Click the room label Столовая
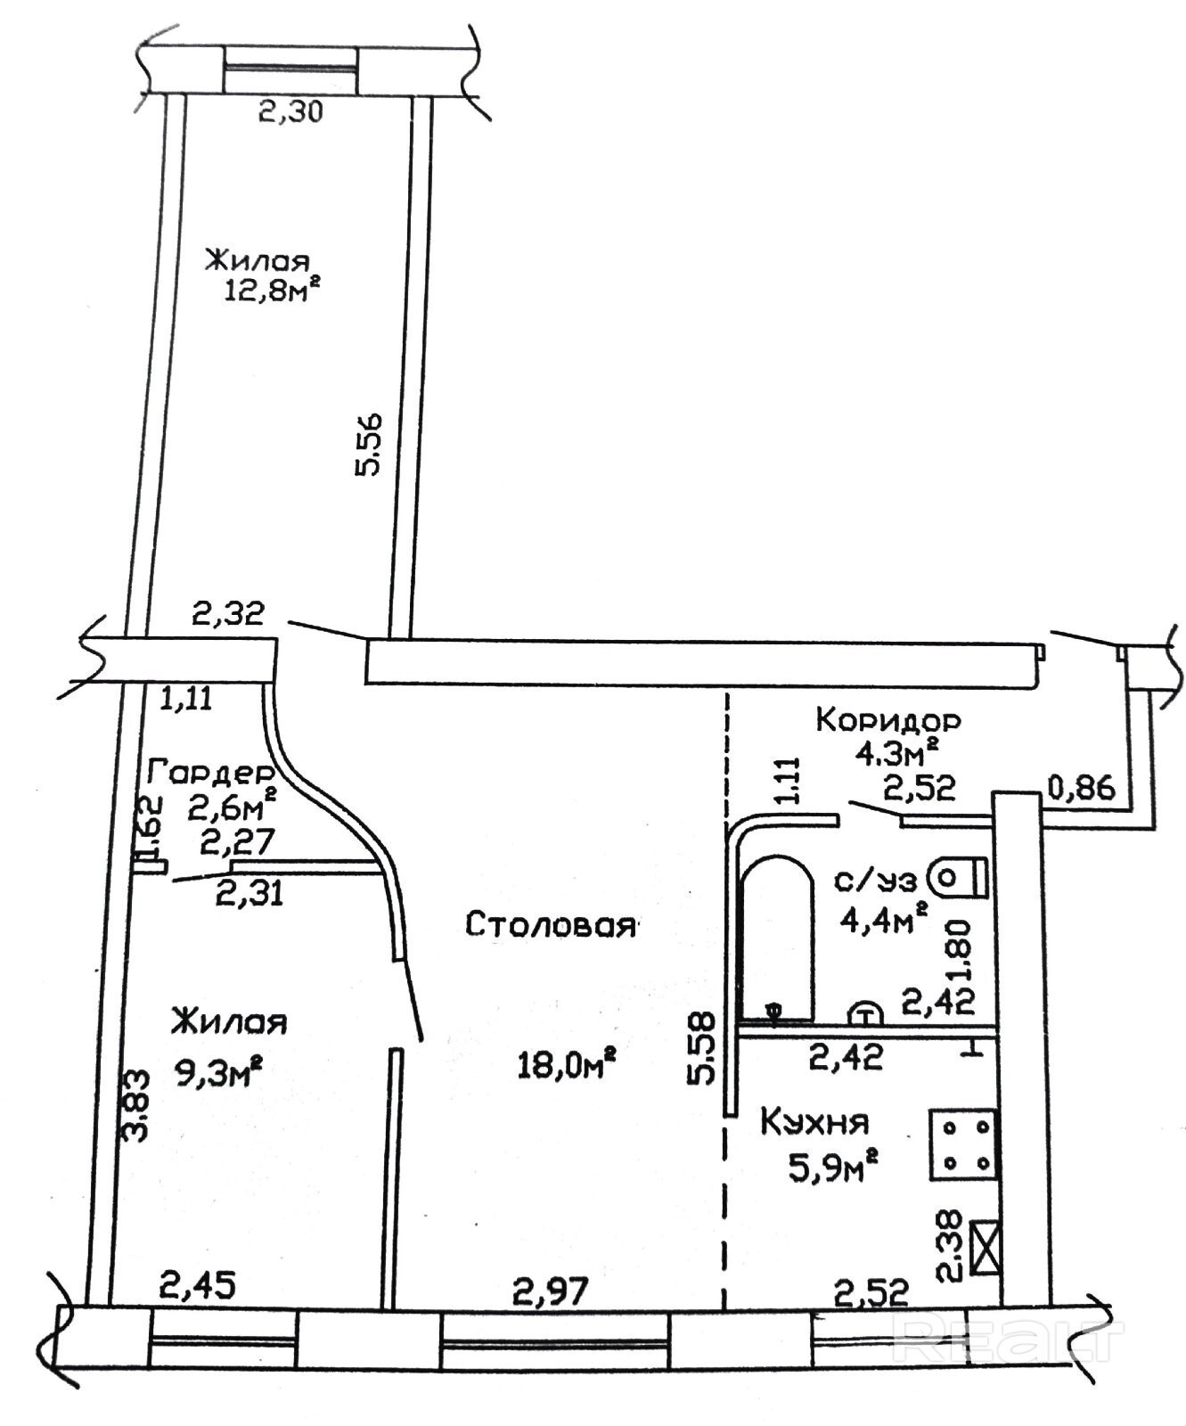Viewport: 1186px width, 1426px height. (552, 924)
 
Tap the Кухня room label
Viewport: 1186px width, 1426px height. (814, 1121)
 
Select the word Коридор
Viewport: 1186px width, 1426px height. (888, 718)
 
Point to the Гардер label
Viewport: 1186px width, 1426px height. (209, 771)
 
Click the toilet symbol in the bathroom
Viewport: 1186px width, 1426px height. (958, 878)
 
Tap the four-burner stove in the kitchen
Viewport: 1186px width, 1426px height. (962, 1146)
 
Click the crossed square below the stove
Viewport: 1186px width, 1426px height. (983, 1248)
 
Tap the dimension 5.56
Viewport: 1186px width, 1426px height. (369, 445)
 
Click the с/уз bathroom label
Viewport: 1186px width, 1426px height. (874, 881)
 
